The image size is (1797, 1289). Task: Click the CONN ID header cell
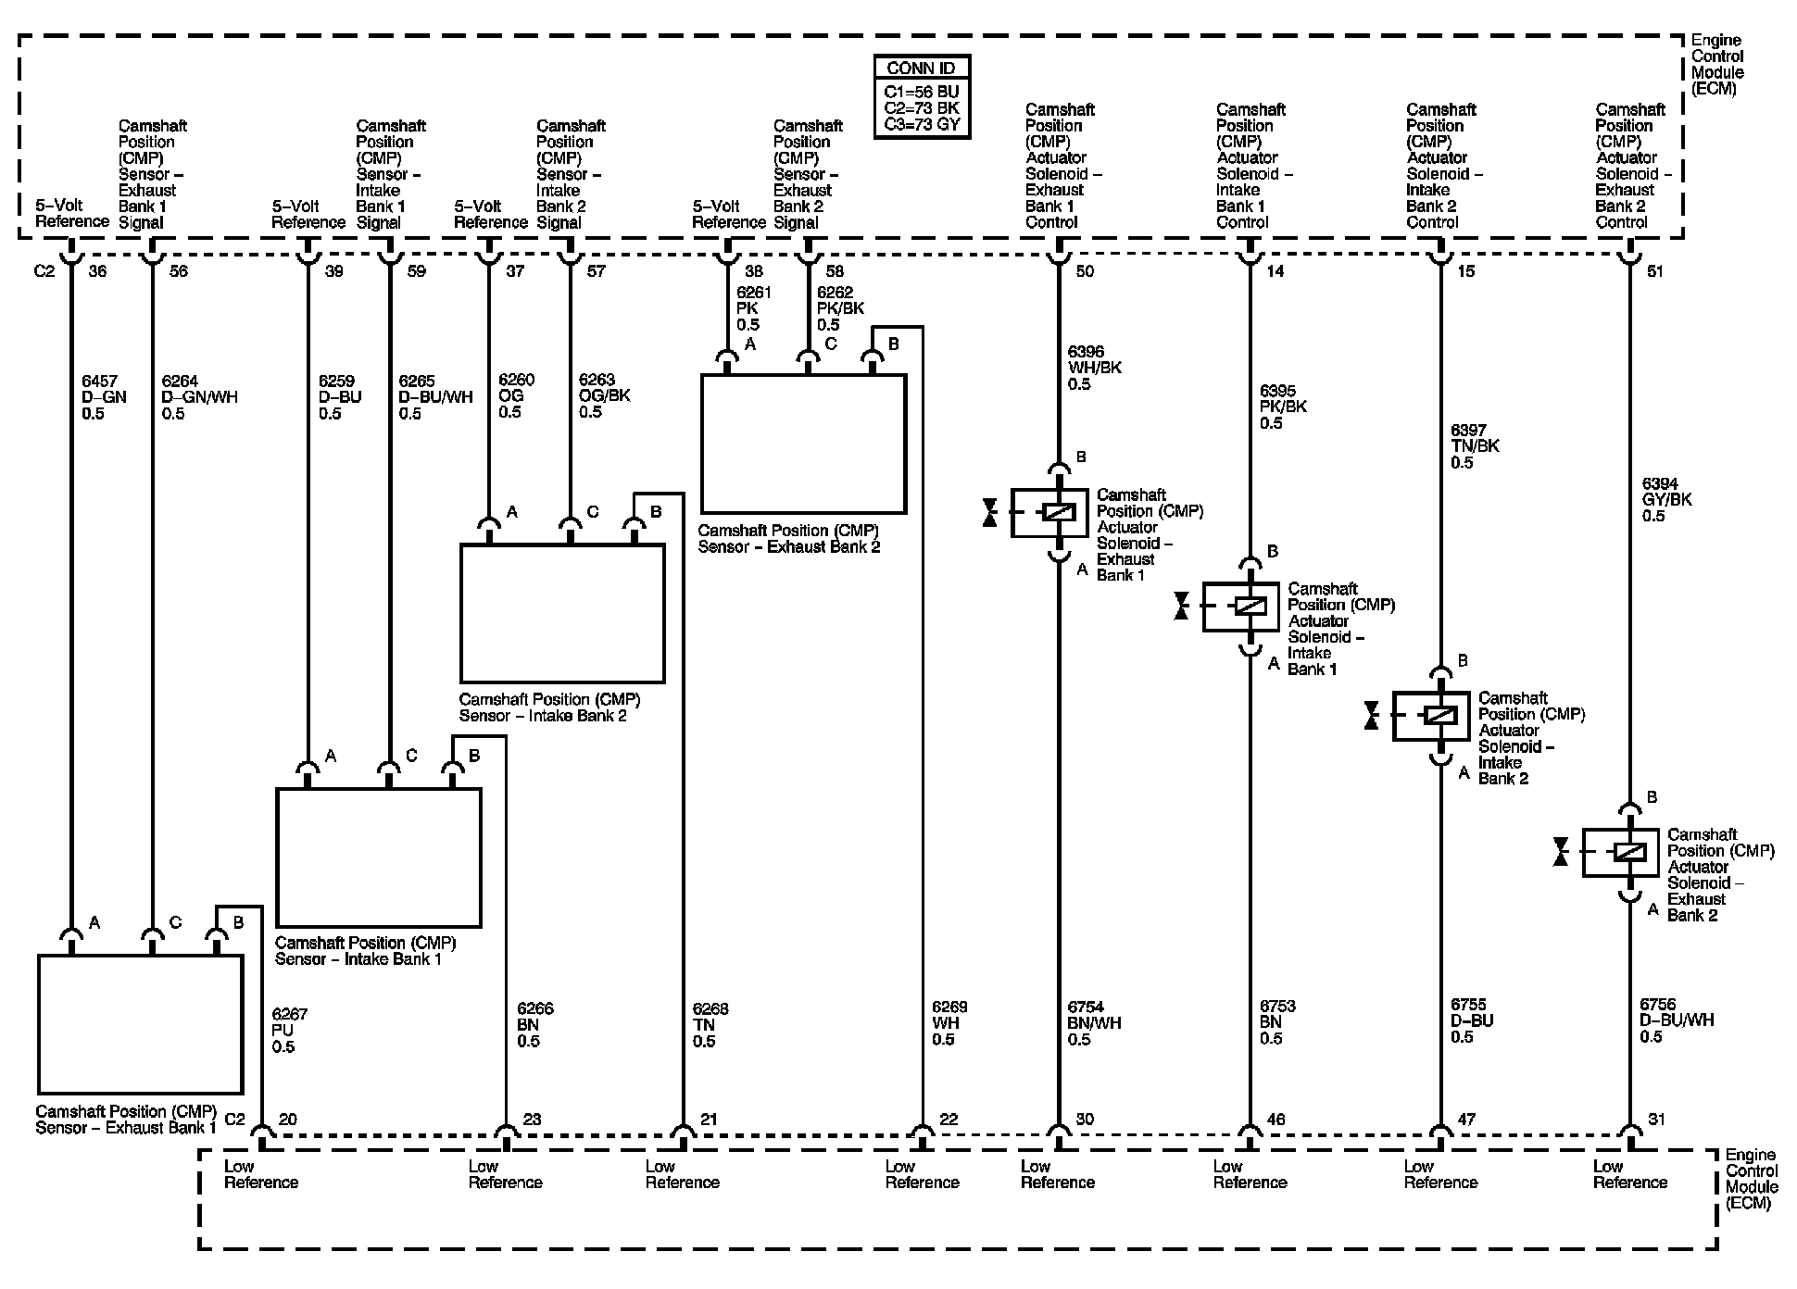coord(922,68)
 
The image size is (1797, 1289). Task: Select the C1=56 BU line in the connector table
coord(922,92)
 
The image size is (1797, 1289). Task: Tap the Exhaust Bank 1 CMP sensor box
coord(140,1024)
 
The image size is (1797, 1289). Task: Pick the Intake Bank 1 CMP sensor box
coord(378,857)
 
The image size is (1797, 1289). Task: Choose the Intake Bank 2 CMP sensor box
coord(562,613)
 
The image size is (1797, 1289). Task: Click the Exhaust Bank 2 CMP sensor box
coord(803,444)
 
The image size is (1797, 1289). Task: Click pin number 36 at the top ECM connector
coord(97,271)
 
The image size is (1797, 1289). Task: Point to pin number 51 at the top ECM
coord(1655,271)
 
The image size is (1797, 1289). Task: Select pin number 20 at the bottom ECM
coord(288,1120)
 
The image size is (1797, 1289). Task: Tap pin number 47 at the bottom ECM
coord(1466,1120)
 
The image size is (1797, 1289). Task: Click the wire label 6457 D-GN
coord(105,397)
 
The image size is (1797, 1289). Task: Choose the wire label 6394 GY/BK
coord(1666,499)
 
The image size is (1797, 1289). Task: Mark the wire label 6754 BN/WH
coord(1094,1023)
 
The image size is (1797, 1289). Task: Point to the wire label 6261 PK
coord(754,308)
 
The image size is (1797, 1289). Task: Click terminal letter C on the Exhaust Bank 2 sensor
coord(831,344)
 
